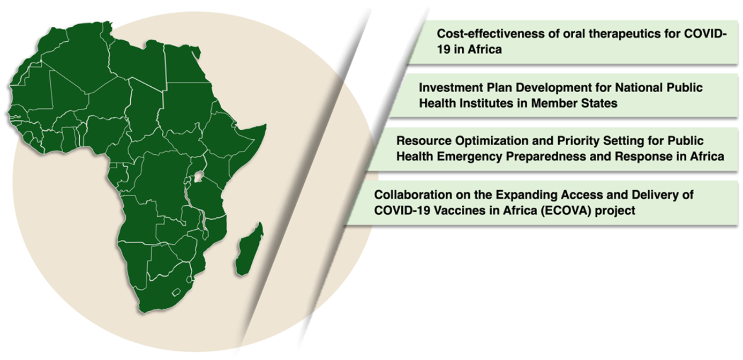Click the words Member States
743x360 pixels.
click(x=574, y=103)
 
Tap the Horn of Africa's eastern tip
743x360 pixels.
click(x=266, y=125)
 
